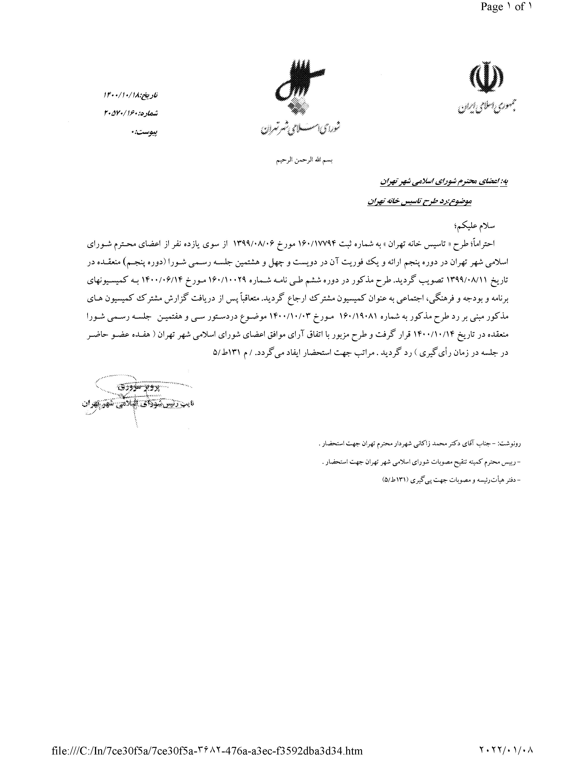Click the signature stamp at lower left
139,399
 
